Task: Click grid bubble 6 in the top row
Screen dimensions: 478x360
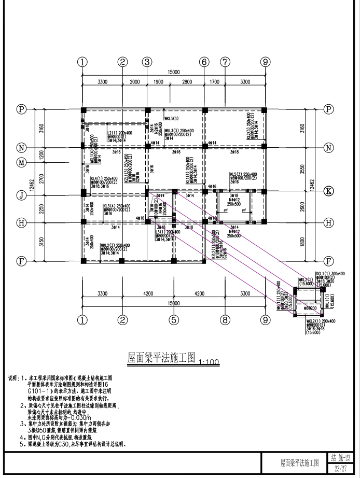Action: pos(204,62)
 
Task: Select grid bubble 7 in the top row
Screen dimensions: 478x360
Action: pos(225,62)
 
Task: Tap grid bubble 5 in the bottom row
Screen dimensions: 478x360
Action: pos(174,319)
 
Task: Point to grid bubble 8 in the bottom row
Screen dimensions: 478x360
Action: pos(225,319)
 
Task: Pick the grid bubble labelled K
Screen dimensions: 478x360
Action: pos(328,190)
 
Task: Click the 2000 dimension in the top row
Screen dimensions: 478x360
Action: pos(135,82)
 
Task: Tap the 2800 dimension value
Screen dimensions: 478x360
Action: pos(187,82)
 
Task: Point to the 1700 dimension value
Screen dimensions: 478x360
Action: pos(214,82)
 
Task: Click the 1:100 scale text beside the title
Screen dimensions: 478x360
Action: pos(210,361)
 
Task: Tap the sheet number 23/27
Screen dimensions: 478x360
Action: pos(341,468)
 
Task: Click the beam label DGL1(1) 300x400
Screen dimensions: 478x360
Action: pos(329,273)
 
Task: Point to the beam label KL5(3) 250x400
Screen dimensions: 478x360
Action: pos(243,174)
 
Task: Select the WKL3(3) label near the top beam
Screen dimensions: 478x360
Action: pos(171,119)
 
